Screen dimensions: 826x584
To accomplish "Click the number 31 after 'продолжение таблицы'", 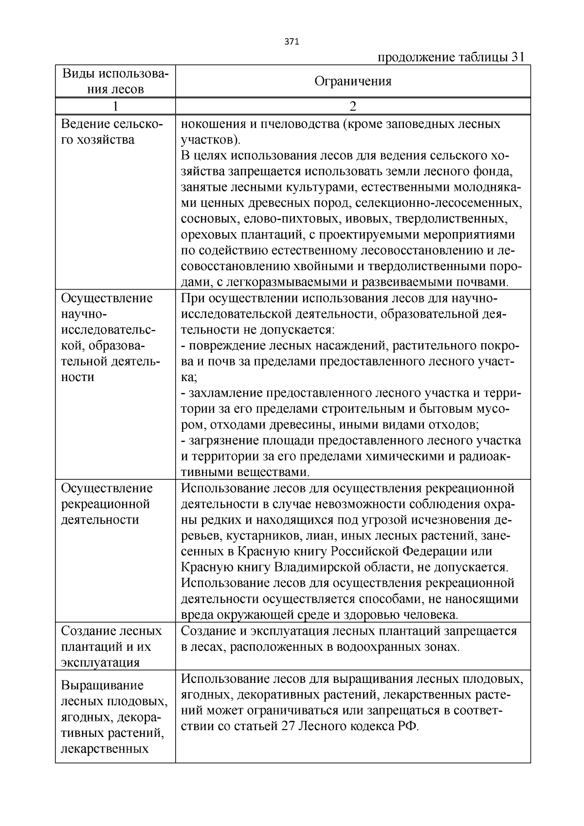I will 517,57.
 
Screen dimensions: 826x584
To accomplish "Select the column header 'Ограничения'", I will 353,81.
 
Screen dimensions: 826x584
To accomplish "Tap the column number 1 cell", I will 115,106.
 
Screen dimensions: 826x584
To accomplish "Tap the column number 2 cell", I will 353,106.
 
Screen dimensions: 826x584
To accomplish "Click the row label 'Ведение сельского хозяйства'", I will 111,132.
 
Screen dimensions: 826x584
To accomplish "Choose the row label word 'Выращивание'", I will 102,685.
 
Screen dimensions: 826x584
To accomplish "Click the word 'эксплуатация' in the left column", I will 100,662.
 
